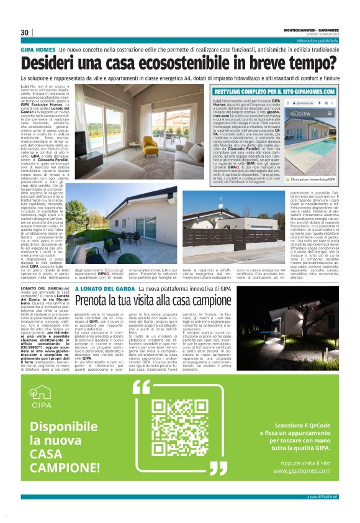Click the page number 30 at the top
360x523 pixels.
pos(25,32)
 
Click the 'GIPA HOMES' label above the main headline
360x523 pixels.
pos(37,48)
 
